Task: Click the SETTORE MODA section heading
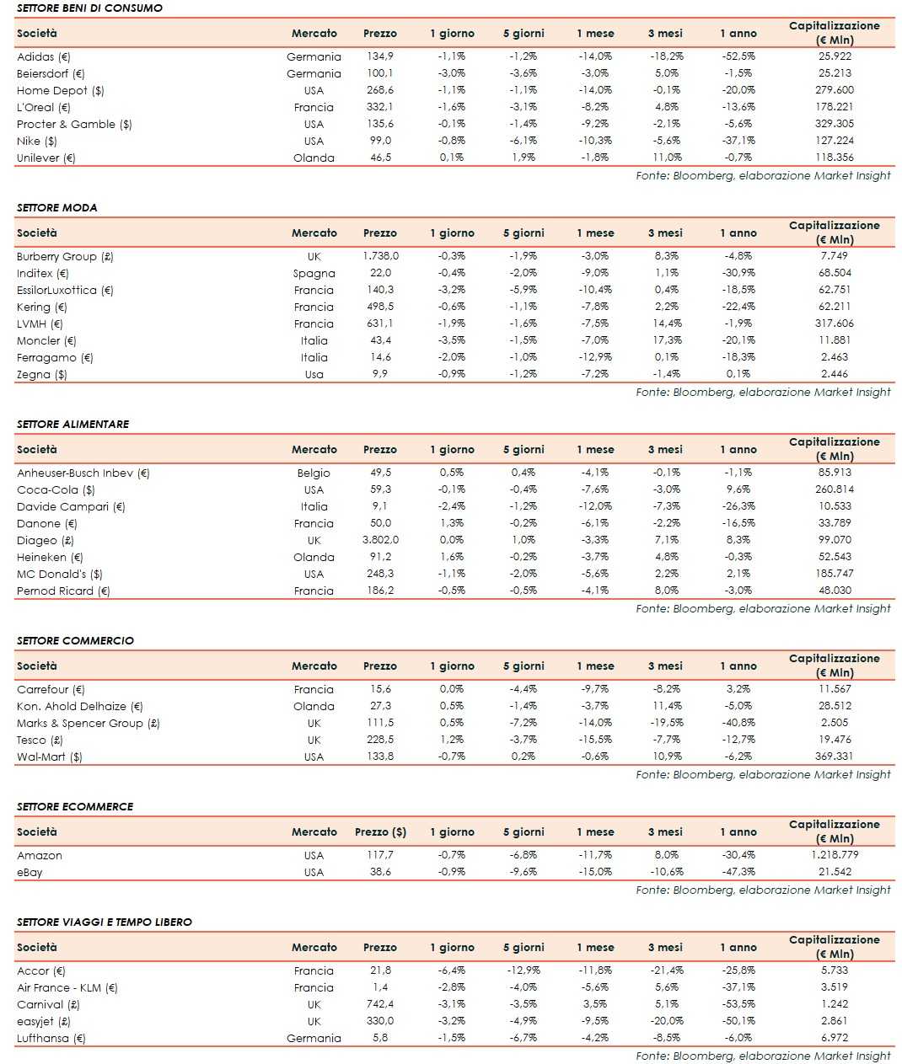(x=57, y=207)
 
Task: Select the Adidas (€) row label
(x=44, y=56)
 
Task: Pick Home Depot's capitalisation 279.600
(x=835, y=90)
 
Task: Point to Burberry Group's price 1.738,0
(x=380, y=256)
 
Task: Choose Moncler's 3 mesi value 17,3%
(x=666, y=340)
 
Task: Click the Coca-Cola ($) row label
(x=56, y=489)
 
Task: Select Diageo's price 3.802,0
(x=380, y=540)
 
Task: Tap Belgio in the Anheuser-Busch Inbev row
(x=314, y=473)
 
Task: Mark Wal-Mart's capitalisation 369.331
(x=835, y=757)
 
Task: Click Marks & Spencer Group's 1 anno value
(x=738, y=723)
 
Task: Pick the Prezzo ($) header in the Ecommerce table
(x=380, y=831)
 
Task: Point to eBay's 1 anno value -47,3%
(x=738, y=872)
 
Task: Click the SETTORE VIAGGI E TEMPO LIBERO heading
(x=105, y=922)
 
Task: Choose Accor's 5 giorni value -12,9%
(x=523, y=970)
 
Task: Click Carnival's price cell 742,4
(x=380, y=1004)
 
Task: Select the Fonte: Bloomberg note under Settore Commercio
(x=763, y=774)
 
